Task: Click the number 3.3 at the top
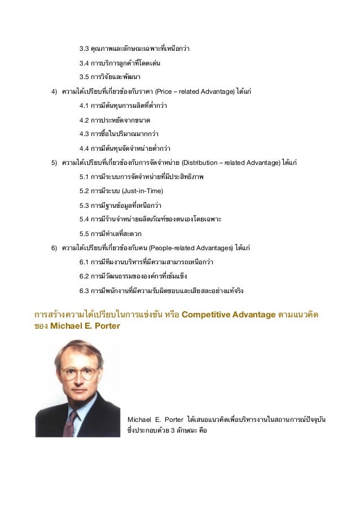tap(85, 49)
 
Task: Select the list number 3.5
tap(85, 77)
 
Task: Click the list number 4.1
tap(85, 106)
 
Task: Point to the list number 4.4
tap(85, 149)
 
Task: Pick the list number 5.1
tap(85, 177)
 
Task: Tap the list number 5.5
tap(85, 233)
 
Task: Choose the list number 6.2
tap(85, 277)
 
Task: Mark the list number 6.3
tap(85, 291)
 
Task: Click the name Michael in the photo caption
tap(140, 420)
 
